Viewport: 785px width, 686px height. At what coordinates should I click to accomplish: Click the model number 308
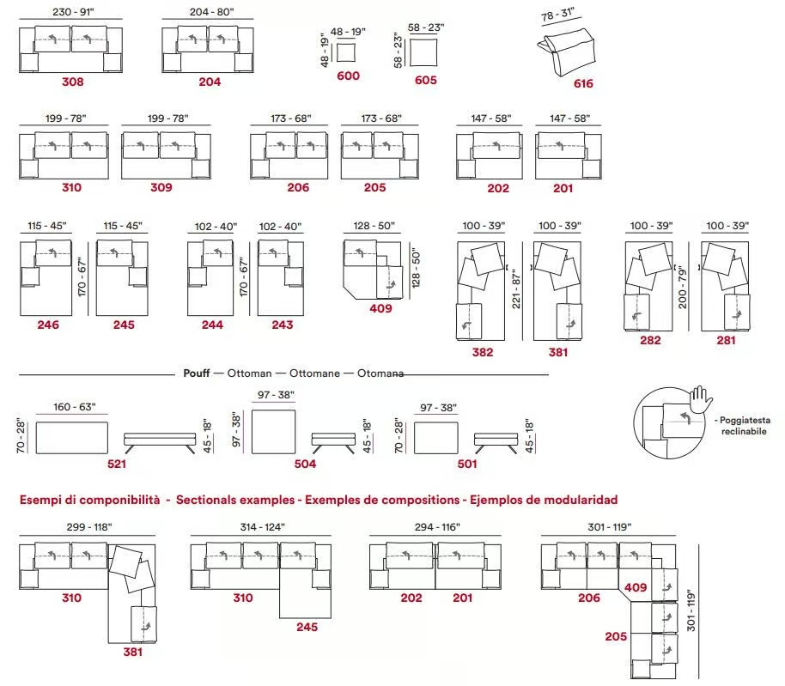point(73,82)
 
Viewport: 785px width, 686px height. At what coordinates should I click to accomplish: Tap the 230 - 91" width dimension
point(73,11)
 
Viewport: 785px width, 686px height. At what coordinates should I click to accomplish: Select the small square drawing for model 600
point(346,52)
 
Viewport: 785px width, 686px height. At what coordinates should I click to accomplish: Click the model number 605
point(425,80)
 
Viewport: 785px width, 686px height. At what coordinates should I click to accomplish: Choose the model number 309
point(161,188)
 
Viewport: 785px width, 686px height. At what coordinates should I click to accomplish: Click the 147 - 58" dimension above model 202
point(491,118)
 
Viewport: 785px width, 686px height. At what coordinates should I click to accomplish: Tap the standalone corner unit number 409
point(381,309)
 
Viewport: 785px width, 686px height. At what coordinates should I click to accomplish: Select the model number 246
point(48,325)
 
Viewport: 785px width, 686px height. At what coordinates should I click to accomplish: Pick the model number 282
point(650,341)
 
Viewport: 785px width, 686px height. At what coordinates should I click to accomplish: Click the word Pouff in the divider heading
point(196,373)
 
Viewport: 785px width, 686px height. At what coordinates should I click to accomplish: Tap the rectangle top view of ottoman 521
point(72,438)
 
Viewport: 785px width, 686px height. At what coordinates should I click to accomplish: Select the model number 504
point(306,464)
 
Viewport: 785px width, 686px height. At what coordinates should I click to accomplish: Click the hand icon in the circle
point(700,398)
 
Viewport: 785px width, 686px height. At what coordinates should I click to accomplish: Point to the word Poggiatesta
point(745,421)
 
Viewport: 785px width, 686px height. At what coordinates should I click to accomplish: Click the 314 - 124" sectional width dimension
point(262,527)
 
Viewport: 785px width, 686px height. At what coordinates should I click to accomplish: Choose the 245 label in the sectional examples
point(307,628)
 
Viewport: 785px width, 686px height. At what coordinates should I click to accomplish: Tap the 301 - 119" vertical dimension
point(691,610)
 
